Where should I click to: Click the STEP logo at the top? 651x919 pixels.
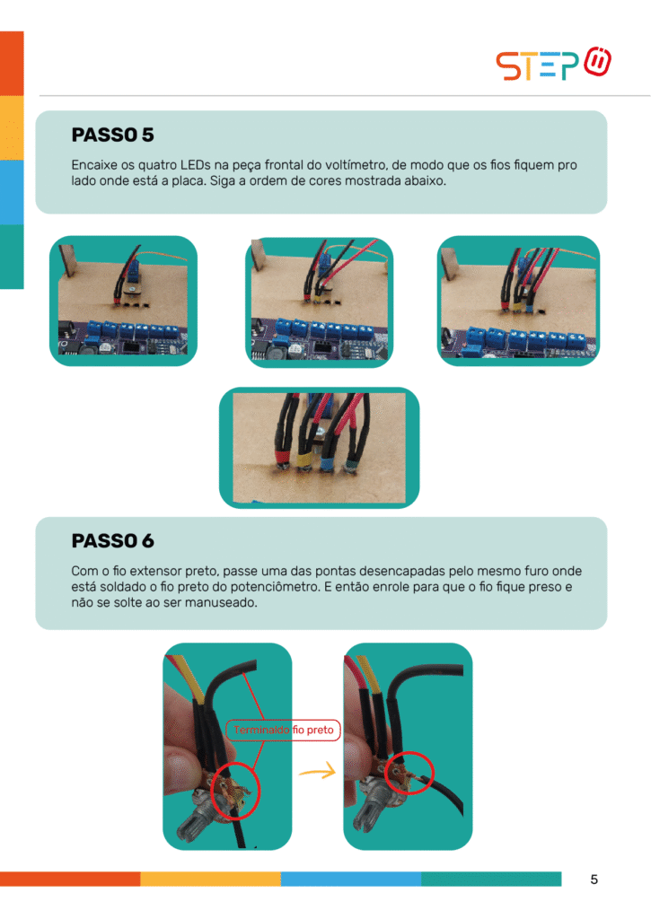tap(553, 64)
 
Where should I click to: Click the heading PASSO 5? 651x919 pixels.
tap(112, 135)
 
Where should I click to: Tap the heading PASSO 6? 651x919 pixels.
tap(112, 540)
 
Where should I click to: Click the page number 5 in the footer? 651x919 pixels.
tap(594, 880)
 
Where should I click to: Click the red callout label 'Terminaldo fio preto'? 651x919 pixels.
tap(283, 730)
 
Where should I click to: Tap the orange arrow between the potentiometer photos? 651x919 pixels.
tap(317, 771)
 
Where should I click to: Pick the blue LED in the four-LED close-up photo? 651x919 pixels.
tap(326, 462)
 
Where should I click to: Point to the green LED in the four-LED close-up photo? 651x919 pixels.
tap(352, 464)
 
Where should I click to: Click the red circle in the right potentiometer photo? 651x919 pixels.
tap(409, 773)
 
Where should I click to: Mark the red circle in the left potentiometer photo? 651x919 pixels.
tap(234, 792)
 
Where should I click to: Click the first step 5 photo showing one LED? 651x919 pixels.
tap(123, 301)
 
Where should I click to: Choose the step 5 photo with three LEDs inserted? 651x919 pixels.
tap(518, 301)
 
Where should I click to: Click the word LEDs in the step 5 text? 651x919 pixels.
tap(196, 165)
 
